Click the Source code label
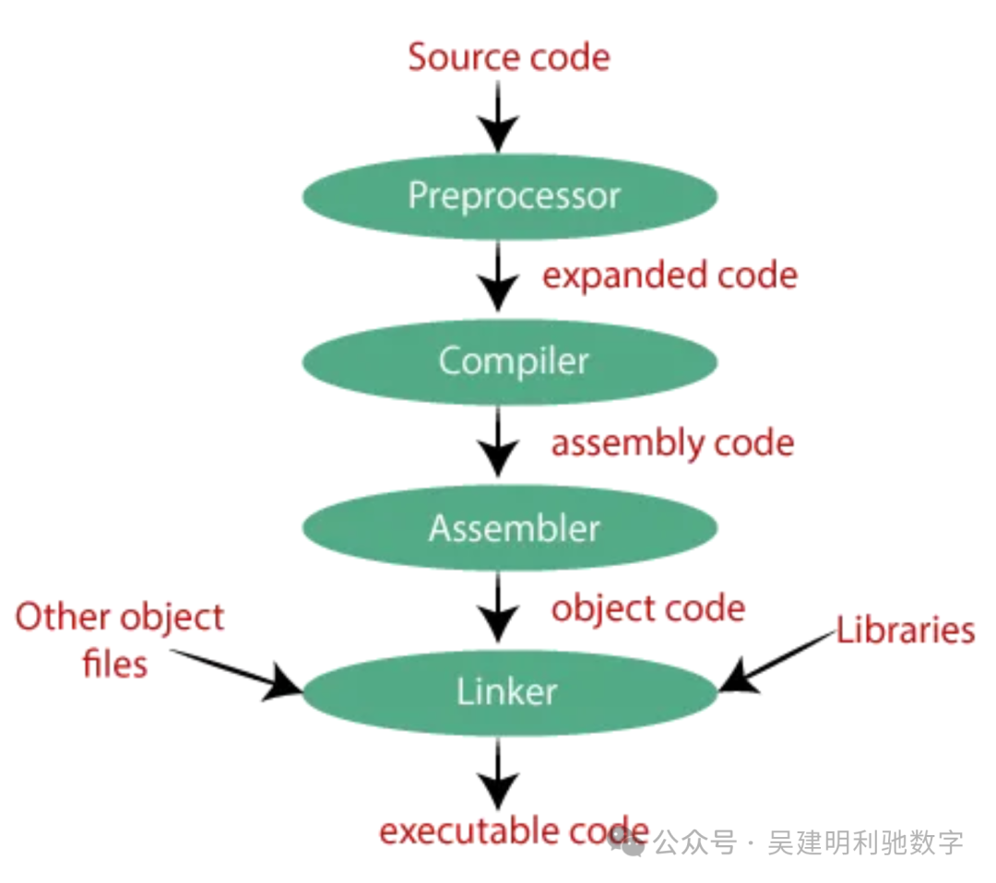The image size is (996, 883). pos(509,57)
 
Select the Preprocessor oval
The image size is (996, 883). pos(510,196)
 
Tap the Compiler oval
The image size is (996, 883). pos(510,361)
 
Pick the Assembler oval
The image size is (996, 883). pos(510,528)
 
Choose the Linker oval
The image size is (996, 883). pos(510,692)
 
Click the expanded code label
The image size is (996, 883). pos(670,276)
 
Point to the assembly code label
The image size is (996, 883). pos(672,443)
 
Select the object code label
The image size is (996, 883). pos(648,609)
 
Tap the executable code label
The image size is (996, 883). pos(513,831)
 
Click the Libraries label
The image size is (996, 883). pos(905,630)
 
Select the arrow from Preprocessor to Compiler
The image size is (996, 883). pos(498,277)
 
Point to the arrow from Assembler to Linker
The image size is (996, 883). pos(498,608)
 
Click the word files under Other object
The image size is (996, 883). pos(114,664)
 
